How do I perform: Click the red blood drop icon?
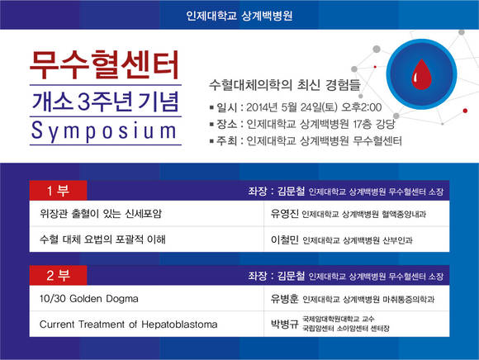[x=421, y=74]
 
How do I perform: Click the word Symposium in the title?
[x=104, y=131]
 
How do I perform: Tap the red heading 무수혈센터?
[x=104, y=65]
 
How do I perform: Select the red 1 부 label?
[x=58, y=191]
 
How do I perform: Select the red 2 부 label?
[x=58, y=276]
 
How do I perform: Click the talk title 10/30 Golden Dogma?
[x=89, y=298]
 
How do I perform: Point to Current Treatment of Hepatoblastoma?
[x=128, y=324]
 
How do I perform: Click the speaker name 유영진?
[x=284, y=213]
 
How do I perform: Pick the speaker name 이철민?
[x=284, y=239]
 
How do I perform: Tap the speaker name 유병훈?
[x=284, y=299]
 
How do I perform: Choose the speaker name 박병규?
[x=284, y=324]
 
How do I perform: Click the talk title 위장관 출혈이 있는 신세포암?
[x=101, y=213]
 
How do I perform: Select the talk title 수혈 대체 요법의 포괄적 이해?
[x=102, y=239]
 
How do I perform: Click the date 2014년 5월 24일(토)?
[x=292, y=107]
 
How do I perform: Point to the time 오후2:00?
[x=362, y=107]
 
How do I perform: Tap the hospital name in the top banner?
[x=239, y=15]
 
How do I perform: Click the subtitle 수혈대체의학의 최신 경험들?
[x=285, y=85]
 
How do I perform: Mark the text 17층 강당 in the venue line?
[x=374, y=124]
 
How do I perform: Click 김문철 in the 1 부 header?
[x=292, y=191]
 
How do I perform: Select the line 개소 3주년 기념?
[x=105, y=102]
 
